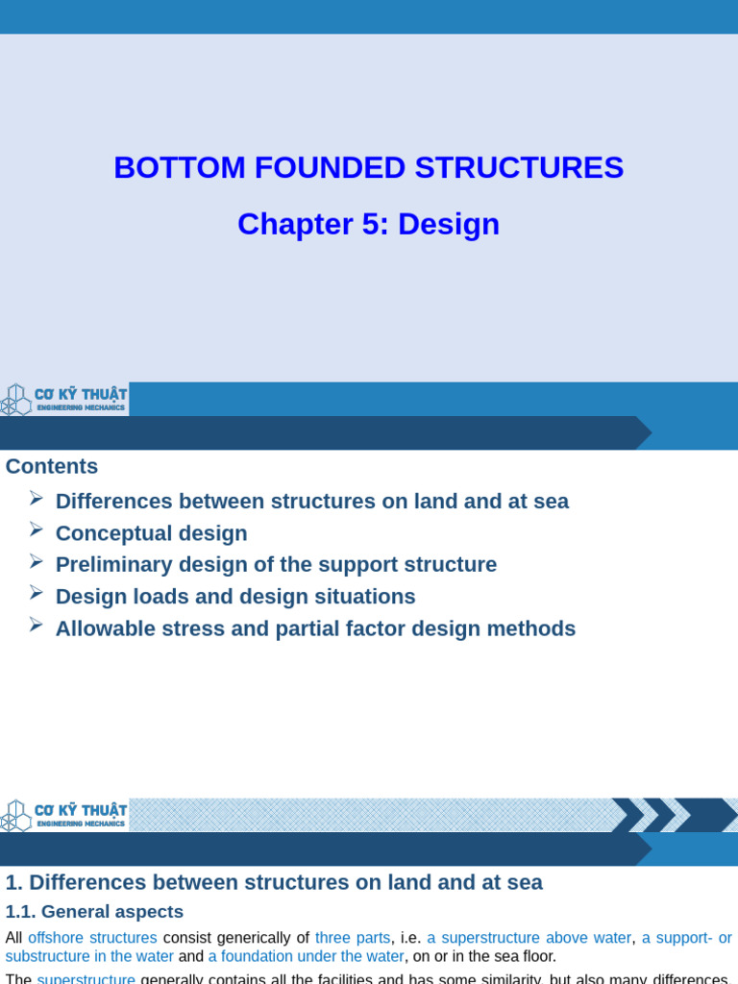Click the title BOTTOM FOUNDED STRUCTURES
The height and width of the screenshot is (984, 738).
pyautogui.click(x=368, y=168)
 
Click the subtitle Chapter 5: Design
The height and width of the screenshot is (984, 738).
pyautogui.click(x=368, y=224)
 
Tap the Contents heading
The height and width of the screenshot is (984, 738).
pyautogui.click(x=52, y=466)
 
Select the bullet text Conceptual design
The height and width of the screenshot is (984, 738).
pyautogui.click(x=151, y=533)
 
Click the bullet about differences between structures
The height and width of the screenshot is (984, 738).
pyautogui.click(x=311, y=502)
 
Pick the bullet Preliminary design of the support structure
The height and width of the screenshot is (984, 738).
pyautogui.click(x=276, y=565)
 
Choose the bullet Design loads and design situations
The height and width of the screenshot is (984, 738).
pyautogui.click(x=235, y=597)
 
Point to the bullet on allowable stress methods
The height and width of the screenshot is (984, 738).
pyautogui.click(x=315, y=628)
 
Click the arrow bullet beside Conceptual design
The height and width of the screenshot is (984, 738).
pyautogui.click(x=37, y=529)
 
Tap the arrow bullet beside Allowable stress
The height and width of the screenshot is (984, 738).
pyautogui.click(x=37, y=625)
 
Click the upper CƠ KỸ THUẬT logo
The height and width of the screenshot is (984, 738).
pyautogui.click(x=64, y=399)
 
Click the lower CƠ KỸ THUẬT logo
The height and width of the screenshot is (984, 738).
pyautogui.click(x=64, y=815)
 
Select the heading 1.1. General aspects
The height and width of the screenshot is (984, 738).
pyautogui.click(x=94, y=912)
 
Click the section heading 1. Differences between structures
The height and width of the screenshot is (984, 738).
pyautogui.click(x=274, y=882)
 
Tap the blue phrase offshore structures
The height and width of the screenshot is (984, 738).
pyautogui.click(x=92, y=938)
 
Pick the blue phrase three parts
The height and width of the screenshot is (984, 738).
pyautogui.click(x=353, y=938)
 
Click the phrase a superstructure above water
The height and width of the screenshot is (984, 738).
pyautogui.click(x=529, y=938)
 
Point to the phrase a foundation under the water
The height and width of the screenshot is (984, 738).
pyautogui.click(x=306, y=956)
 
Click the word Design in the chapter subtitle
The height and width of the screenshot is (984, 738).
pyautogui.click(x=449, y=224)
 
